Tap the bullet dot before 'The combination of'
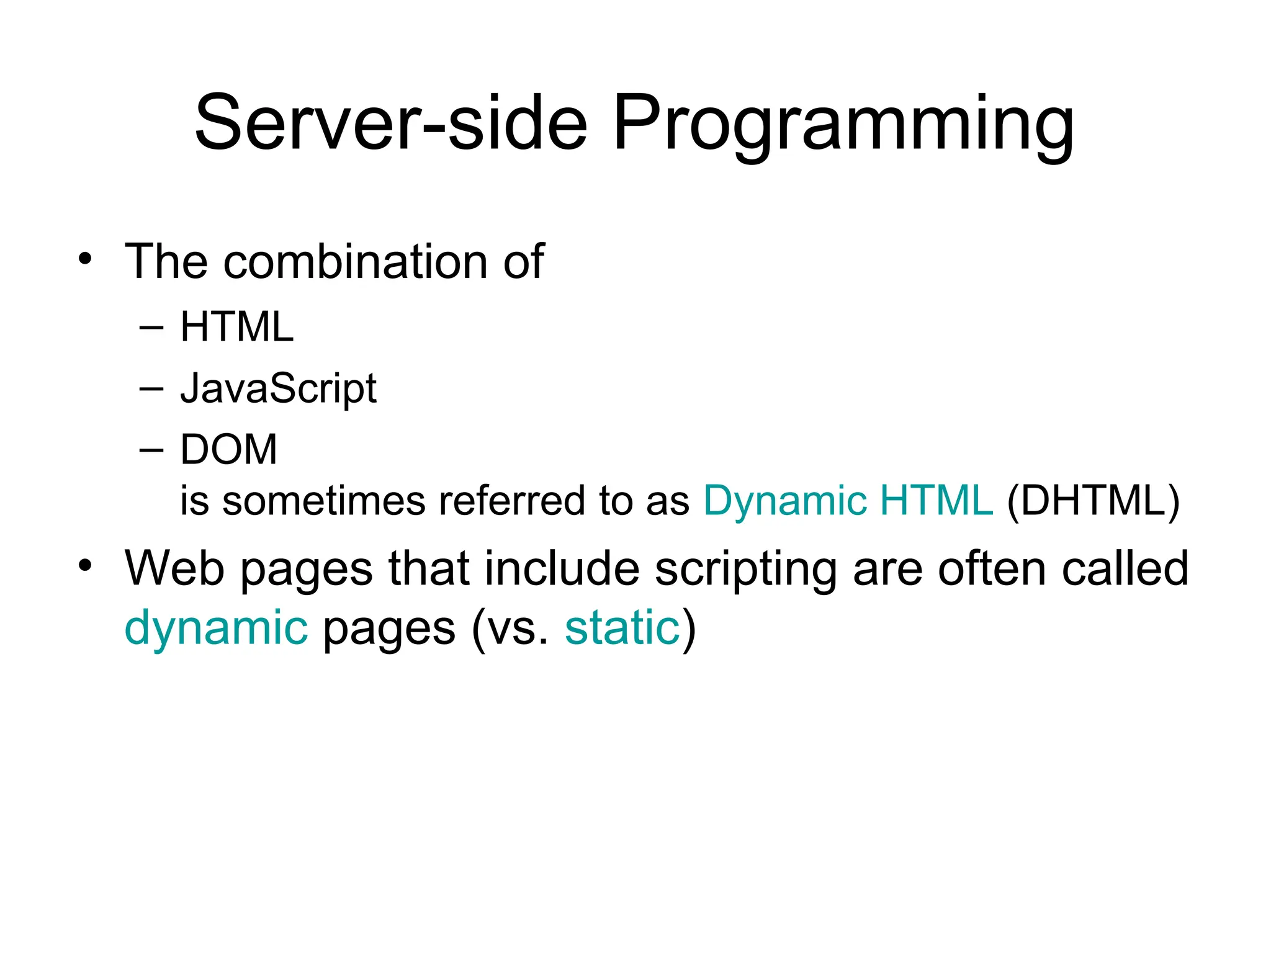point(85,259)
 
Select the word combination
point(357,262)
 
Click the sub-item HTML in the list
point(236,327)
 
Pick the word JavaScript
point(278,389)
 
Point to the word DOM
point(228,449)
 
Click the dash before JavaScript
point(152,388)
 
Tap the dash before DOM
point(152,449)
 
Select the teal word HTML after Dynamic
point(936,500)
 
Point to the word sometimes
point(324,501)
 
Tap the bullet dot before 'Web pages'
point(85,565)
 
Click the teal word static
point(622,628)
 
